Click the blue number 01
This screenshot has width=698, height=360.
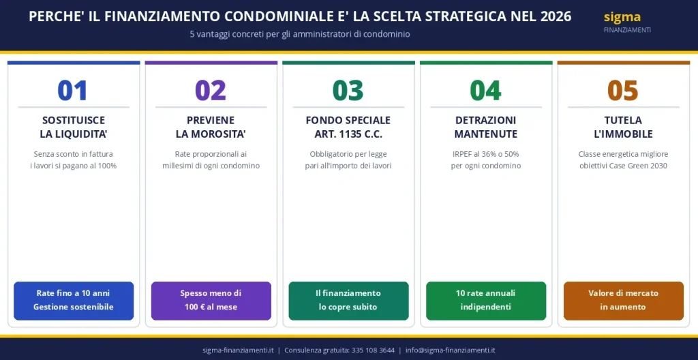click(x=73, y=91)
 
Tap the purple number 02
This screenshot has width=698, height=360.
click(x=211, y=91)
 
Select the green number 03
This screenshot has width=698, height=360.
click(x=348, y=91)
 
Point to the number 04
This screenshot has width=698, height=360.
click(x=486, y=91)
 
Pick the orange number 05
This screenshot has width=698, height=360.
click(x=623, y=91)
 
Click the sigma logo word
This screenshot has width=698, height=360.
click(x=622, y=17)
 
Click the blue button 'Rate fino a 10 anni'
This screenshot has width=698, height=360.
click(x=74, y=300)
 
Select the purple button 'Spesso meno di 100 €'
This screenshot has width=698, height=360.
click(x=211, y=300)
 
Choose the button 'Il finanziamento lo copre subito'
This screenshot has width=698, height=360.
click(x=348, y=300)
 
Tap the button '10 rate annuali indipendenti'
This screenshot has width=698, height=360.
click(x=486, y=300)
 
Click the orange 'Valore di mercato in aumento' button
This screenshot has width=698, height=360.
click(x=623, y=300)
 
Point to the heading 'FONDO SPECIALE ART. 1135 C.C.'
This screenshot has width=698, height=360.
click(x=348, y=127)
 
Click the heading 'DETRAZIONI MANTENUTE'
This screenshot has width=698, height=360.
click(x=486, y=127)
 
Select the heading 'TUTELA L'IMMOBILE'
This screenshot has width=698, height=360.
click(x=623, y=127)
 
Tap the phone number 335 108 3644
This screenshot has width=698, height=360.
click(x=373, y=350)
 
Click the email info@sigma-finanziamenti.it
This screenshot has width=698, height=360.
click(x=450, y=350)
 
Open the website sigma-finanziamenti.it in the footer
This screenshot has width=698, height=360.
click(x=238, y=350)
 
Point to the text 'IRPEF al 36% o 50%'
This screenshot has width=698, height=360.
click(x=486, y=154)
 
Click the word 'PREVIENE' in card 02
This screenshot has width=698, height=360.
click(x=211, y=120)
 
